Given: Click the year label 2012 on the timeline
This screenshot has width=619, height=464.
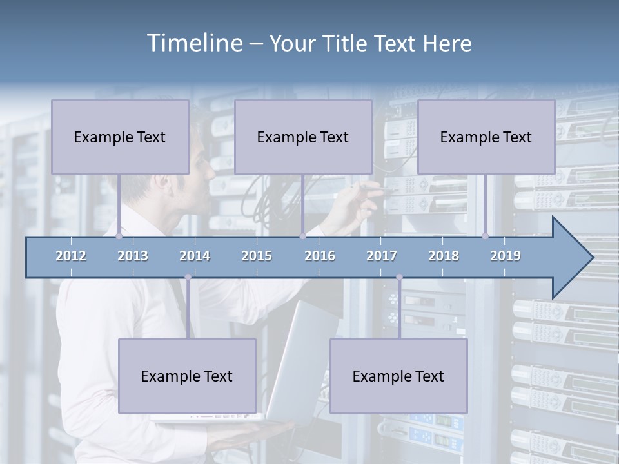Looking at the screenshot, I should (x=71, y=256).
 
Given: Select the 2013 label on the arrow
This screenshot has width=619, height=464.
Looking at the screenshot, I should (x=133, y=256).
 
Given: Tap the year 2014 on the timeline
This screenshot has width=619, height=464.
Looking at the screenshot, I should (x=195, y=256).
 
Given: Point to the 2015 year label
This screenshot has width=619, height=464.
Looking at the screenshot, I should (x=257, y=256).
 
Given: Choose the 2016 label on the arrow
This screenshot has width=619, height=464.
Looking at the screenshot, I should (x=320, y=256).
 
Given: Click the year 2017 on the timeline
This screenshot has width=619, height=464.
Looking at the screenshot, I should (x=382, y=256).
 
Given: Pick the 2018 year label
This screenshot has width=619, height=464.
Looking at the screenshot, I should (x=444, y=256).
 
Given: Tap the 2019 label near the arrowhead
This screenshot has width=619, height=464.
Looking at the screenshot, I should (x=506, y=256).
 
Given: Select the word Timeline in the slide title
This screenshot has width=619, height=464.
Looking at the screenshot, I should (x=194, y=43).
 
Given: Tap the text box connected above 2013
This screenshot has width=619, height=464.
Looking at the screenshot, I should (x=120, y=137).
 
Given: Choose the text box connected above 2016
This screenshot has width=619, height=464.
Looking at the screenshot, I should (x=303, y=137).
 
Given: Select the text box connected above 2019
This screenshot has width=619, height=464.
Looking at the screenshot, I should (x=486, y=137).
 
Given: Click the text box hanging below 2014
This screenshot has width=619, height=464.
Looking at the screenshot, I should (x=187, y=376).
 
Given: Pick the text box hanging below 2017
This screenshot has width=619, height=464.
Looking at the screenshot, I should (x=398, y=376).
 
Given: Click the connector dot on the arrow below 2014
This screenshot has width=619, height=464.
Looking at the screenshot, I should (x=188, y=277).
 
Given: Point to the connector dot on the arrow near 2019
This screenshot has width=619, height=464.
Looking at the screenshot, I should (x=486, y=236).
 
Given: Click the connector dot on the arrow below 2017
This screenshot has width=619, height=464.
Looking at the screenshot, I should (x=399, y=277).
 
